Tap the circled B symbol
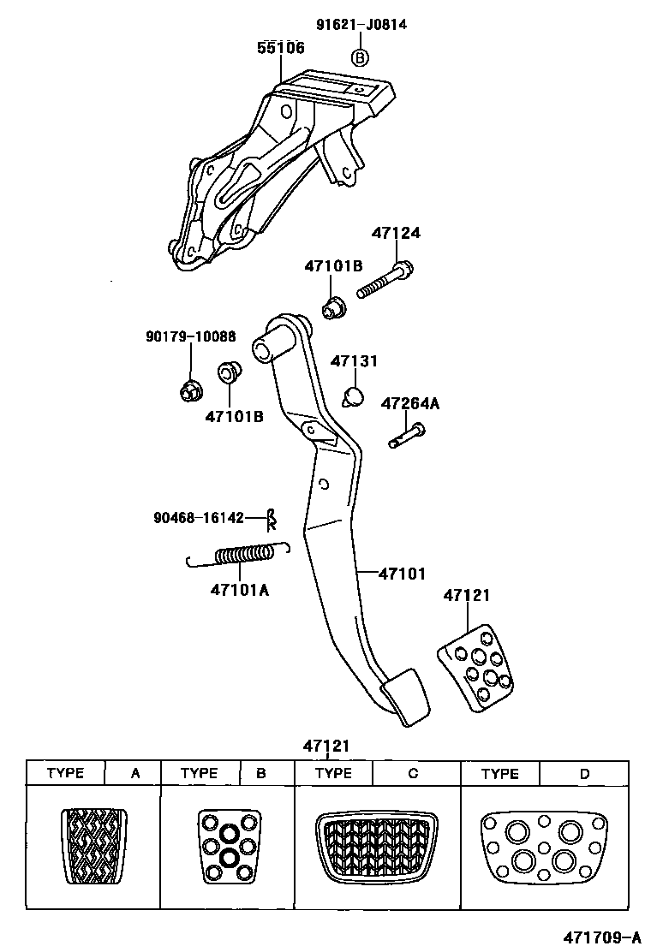[x=360, y=57]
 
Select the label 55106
[x=281, y=49]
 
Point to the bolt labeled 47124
[x=383, y=283]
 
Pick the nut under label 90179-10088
[x=189, y=391]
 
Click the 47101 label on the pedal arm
[x=403, y=574]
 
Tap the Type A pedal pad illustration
[x=93, y=844]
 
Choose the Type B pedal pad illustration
[x=228, y=844]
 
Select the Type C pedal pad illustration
[x=378, y=844]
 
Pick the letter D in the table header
[x=584, y=773]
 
